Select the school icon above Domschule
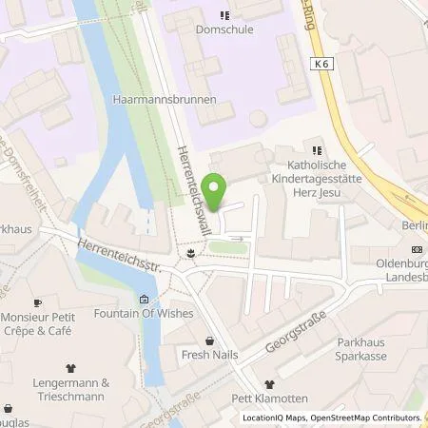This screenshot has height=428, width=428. tap(224, 14)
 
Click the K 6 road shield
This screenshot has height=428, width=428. tap(321, 62)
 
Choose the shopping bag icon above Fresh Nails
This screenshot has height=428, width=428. tap(209, 340)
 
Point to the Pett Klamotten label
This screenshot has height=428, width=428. tap(269, 399)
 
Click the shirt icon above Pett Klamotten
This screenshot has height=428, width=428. tap(269, 384)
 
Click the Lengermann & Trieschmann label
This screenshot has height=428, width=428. tap(68, 389)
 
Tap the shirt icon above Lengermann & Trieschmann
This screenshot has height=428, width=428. tap(68, 368)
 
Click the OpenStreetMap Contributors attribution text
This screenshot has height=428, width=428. tap(365, 418)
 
